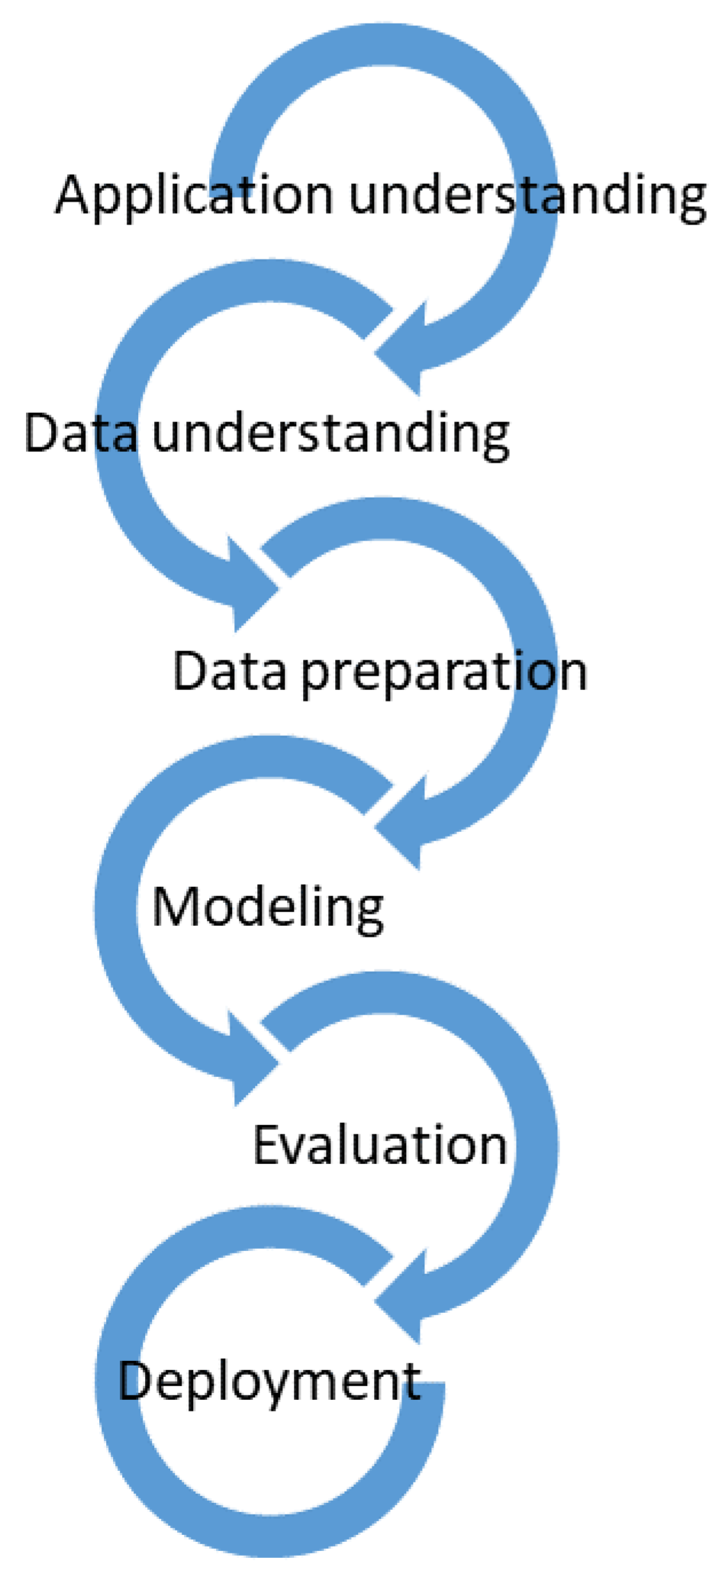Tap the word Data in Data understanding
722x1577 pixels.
[x=82, y=433]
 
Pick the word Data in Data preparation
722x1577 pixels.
[x=230, y=671]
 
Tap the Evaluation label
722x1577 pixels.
[x=380, y=1145]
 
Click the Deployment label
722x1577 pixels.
[x=269, y=1384]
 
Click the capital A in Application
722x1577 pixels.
[x=77, y=195]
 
